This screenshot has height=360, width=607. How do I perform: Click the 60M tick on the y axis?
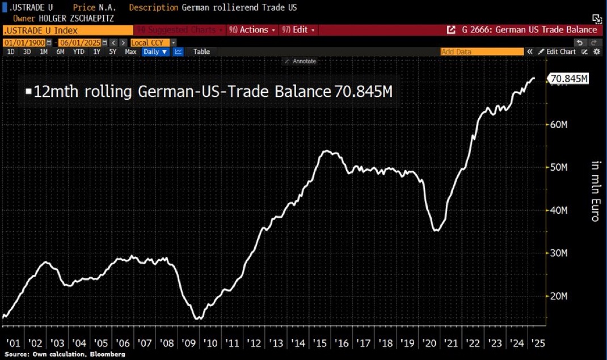click(x=559, y=125)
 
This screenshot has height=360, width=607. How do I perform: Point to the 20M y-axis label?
click(x=559, y=296)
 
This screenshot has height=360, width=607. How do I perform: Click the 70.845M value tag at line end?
click(x=568, y=79)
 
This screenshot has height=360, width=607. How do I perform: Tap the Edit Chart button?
click(x=560, y=52)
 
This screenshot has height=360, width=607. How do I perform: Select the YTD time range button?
click(x=79, y=52)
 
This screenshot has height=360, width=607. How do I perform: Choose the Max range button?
click(x=130, y=52)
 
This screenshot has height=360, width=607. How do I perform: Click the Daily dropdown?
click(x=155, y=52)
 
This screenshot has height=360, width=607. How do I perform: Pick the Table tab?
click(x=201, y=52)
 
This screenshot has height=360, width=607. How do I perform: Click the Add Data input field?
click(x=482, y=52)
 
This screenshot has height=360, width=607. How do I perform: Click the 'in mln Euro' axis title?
click(x=596, y=191)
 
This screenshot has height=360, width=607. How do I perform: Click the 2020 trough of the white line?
click(x=436, y=230)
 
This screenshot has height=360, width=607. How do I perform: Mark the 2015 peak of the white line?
click(x=327, y=151)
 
